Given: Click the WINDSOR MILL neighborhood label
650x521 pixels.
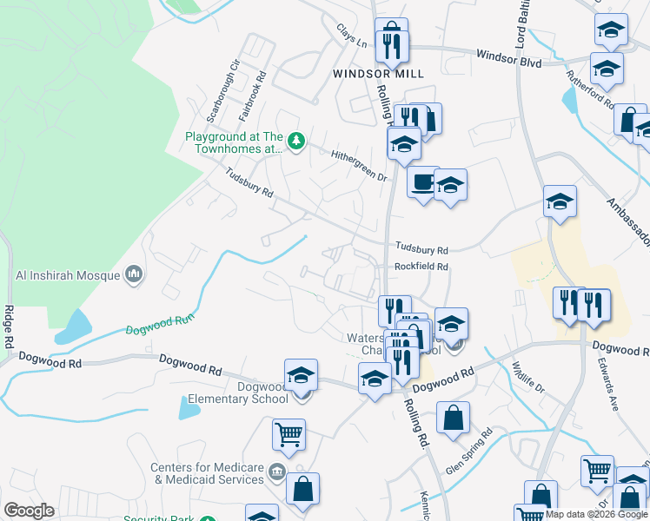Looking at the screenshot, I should (x=379, y=74).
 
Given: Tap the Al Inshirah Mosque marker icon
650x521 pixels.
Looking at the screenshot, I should (x=133, y=275).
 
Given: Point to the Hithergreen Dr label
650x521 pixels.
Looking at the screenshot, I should (x=358, y=165).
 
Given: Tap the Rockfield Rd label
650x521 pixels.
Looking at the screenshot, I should (x=421, y=267).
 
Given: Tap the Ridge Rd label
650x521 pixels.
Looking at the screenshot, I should (x=8, y=326).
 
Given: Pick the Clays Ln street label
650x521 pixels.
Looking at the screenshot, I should (x=352, y=36).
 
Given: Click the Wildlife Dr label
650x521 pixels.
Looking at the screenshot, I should (x=526, y=376).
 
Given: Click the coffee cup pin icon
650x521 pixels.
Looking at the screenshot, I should (x=423, y=182).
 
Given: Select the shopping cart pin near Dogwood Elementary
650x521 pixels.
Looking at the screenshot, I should (x=288, y=434).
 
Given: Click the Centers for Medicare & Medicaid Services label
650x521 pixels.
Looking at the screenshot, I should (x=207, y=473).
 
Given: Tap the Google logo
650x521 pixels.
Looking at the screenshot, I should (x=29, y=511).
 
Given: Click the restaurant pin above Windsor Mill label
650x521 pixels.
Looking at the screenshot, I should (x=391, y=41).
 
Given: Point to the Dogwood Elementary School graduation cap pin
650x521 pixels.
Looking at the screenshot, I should (x=302, y=374).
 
